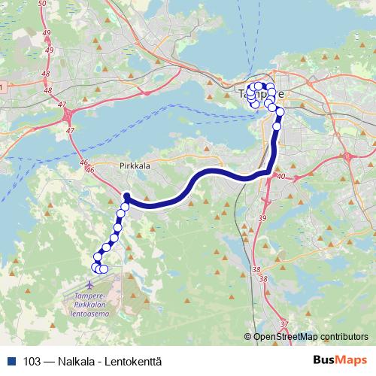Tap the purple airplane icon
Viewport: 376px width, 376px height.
click(91, 285)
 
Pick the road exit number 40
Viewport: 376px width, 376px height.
click(281, 177)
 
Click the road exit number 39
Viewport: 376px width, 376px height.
click(262, 217)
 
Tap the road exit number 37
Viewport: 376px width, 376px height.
click(284, 324)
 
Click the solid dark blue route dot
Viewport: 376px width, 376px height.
click(126, 197)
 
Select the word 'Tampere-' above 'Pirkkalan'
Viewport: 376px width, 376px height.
click(90, 296)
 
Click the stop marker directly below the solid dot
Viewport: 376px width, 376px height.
click(125, 205)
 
